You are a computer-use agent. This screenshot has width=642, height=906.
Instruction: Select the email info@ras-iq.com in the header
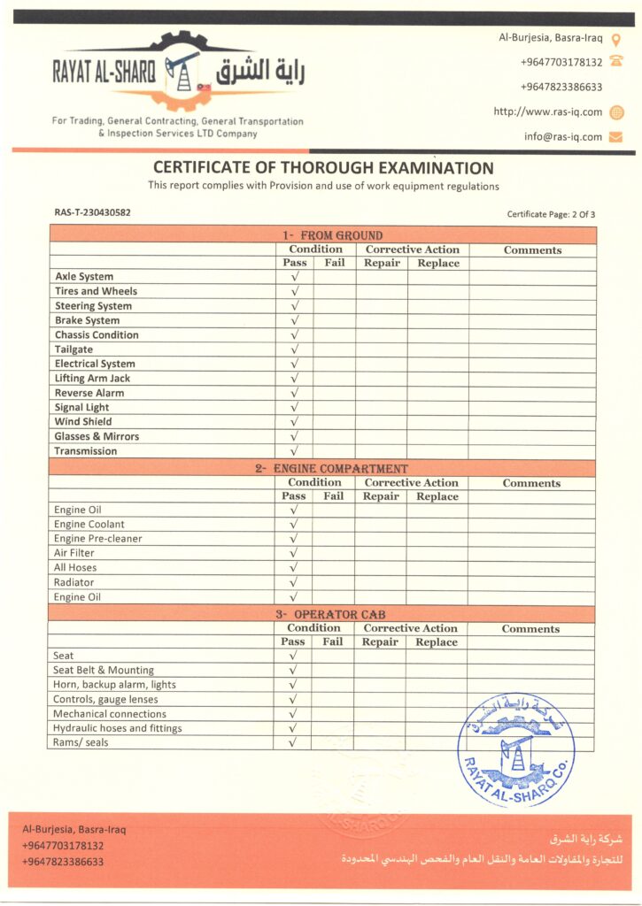[562, 137]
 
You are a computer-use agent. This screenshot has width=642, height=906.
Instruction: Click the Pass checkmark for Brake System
[295, 320]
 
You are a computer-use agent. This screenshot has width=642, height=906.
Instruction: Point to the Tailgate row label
[73, 349]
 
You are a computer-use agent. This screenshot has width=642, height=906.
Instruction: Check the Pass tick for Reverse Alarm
[295, 393]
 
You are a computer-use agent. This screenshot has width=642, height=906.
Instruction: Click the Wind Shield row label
[83, 422]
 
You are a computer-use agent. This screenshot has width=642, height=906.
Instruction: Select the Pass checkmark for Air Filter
[294, 553]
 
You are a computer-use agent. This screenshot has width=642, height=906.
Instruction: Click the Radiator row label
[73, 582]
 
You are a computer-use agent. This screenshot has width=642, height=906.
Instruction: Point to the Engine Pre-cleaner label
[97, 539]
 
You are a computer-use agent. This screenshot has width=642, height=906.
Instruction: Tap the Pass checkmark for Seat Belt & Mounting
[293, 671]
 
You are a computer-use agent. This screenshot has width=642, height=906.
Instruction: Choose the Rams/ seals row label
[81, 742]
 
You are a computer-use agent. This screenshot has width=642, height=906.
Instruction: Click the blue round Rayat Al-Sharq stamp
[515, 749]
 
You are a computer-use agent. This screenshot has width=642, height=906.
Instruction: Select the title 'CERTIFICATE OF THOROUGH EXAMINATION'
[323, 168]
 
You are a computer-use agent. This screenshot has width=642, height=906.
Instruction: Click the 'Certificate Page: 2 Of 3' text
[551, 214]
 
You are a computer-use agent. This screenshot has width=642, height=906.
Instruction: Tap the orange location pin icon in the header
[616, 38]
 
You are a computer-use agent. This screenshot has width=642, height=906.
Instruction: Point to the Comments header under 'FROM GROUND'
[532, 250]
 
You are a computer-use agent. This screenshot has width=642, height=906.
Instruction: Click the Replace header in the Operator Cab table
[437, 642]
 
